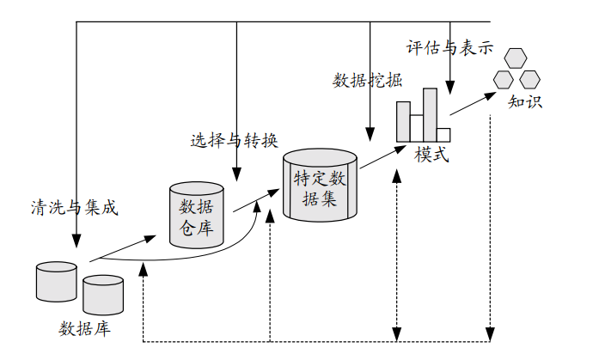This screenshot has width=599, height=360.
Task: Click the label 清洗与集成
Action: pyautogui.click(x=73, y=206)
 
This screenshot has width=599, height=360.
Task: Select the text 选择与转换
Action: pyautogui.click(x=234, y=139)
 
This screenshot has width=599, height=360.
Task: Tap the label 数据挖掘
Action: pyautogui.click(x=367, y=81)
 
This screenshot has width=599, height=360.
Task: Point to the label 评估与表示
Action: pyautogui.click(x=449, y=47)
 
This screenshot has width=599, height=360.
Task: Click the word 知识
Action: pyautogui.click(x=524, y=101)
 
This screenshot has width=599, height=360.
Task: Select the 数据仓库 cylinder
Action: pyautogui.click(x=197, y=215)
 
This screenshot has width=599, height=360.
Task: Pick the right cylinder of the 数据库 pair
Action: pyautogui.click(x=103, y=295)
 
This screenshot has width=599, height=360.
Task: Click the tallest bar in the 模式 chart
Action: pyautogui.click(x=430, y=114)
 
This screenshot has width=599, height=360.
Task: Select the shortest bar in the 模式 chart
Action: pyautogui.click(x=443, y=134)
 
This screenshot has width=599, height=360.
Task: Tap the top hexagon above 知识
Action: pyautogui.click(x=516, y=58)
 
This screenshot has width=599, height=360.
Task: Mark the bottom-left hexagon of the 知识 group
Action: pyautogui.click(x=504, y=79)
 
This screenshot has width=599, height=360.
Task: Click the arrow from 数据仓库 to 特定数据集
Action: pyautogui.click(x=246, y=199)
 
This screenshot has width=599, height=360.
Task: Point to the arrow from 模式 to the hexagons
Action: pyautogui.click(x=473, y=103)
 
